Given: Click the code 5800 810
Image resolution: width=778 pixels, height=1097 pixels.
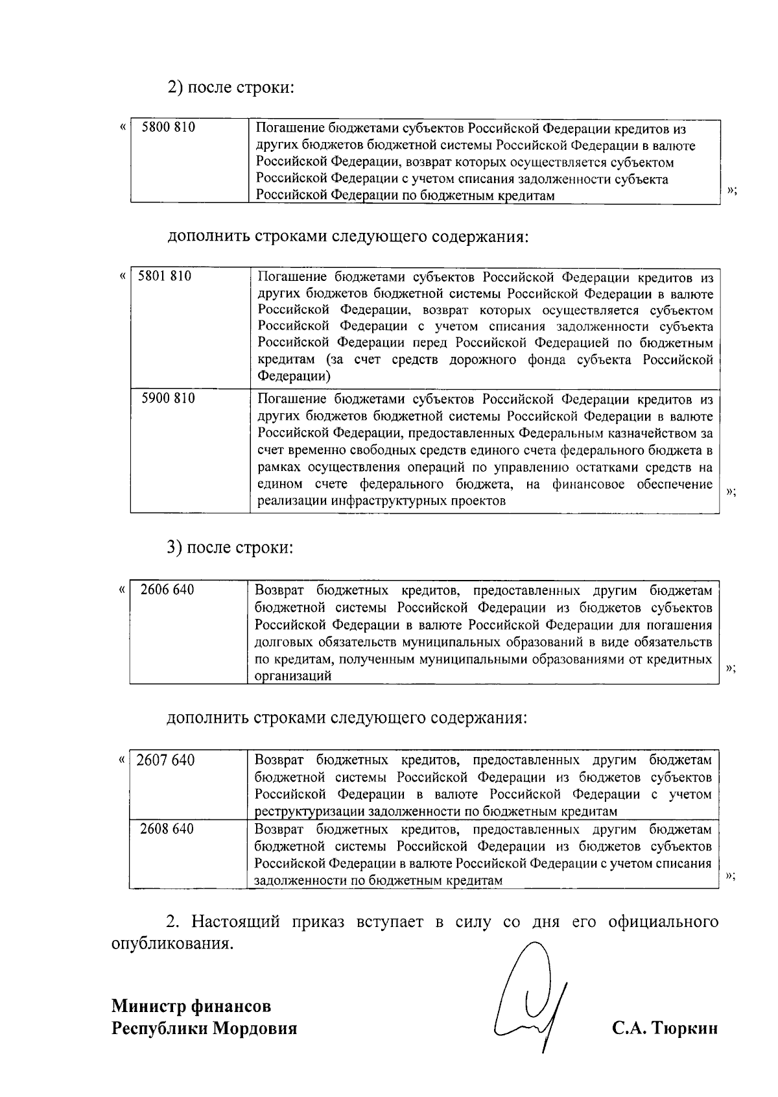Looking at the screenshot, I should point(169,128).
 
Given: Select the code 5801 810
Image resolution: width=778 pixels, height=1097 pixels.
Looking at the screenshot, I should point(165,276).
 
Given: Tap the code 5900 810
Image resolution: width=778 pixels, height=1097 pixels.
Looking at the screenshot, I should point(168,398).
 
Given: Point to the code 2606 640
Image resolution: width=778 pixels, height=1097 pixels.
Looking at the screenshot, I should point(167,590).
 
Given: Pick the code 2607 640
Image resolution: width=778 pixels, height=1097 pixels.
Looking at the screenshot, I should point(166,760).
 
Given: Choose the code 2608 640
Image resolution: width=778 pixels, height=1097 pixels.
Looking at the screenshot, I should point(167,829).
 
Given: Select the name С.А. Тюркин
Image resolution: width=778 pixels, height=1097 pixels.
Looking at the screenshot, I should point(665,1029).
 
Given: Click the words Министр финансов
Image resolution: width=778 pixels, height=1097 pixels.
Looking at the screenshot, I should point(191,1006).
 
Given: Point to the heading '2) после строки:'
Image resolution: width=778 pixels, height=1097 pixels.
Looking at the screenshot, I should point(231,87).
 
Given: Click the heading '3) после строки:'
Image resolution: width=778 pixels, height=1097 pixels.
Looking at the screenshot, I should point(230,548).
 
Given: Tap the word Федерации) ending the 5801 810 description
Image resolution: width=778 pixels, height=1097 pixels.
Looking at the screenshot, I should point(294,376).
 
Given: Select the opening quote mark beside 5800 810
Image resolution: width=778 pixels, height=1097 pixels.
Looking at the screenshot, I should point(123,128).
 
